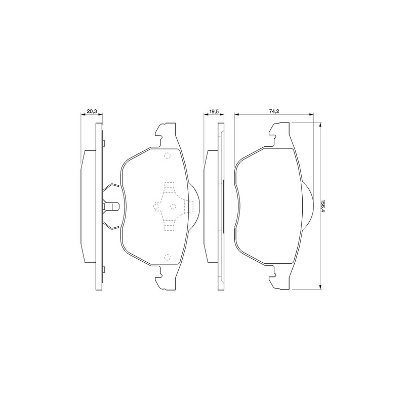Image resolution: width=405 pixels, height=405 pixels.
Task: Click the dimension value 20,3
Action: coord(92,111)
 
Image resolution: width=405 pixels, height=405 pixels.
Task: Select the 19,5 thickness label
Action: coord(214,111)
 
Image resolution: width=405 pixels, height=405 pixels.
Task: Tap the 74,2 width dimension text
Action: coord(274,111)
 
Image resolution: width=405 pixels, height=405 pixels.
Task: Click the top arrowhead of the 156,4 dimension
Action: coord(320,125)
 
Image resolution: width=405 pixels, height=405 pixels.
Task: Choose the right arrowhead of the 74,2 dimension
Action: coord(311,114)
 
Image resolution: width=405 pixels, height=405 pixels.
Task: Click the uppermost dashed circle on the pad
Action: coord(168,156)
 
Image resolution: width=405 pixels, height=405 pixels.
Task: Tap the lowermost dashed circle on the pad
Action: coord(168,257)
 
